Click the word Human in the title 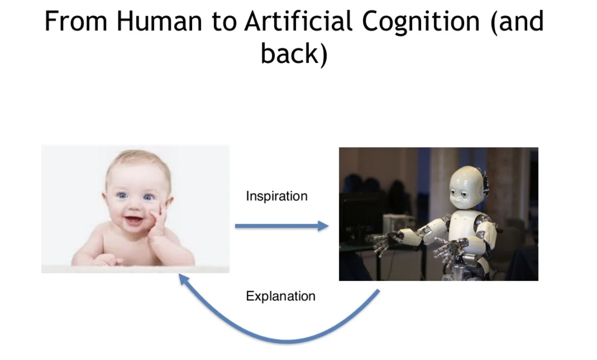(159, 21)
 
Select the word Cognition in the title (421, 23)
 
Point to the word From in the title (76, 21)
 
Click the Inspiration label (277, 196)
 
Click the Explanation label (281, 296)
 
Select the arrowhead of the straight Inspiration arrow (323, 226)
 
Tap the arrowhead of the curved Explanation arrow (183, 279)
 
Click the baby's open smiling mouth (134, 220)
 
